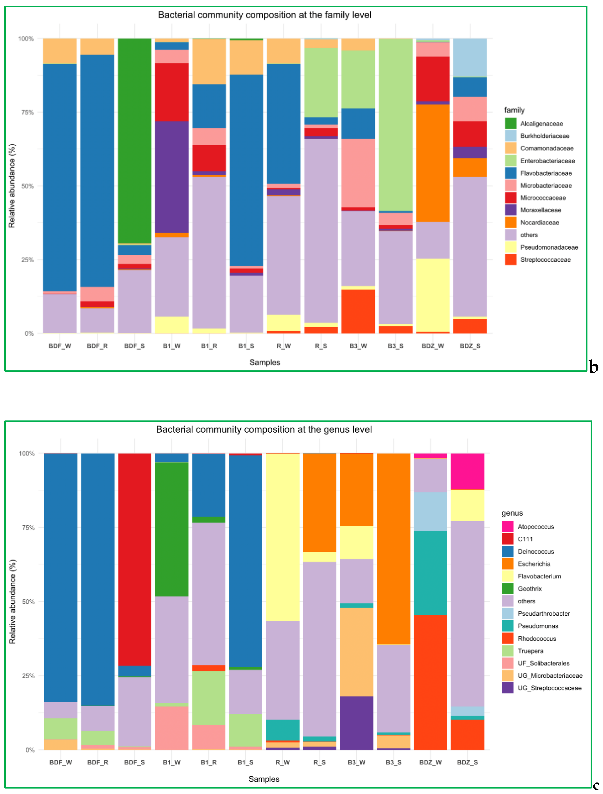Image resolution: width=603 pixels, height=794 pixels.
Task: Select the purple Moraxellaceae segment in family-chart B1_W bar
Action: tap(172, 177)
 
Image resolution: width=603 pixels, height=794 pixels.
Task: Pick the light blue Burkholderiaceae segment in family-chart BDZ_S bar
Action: tap(470, 57)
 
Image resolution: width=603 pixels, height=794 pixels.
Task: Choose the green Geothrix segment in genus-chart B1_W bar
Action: tap(172, 530)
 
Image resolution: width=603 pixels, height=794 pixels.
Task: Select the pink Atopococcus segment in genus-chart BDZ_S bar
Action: tap(467, 471)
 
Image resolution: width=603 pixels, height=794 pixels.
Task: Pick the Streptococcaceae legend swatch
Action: tap(510, 260)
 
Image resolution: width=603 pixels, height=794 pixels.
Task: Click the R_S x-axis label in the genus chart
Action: tap(319, 762)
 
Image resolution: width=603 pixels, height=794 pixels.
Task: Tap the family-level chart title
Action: tap(265, 15)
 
